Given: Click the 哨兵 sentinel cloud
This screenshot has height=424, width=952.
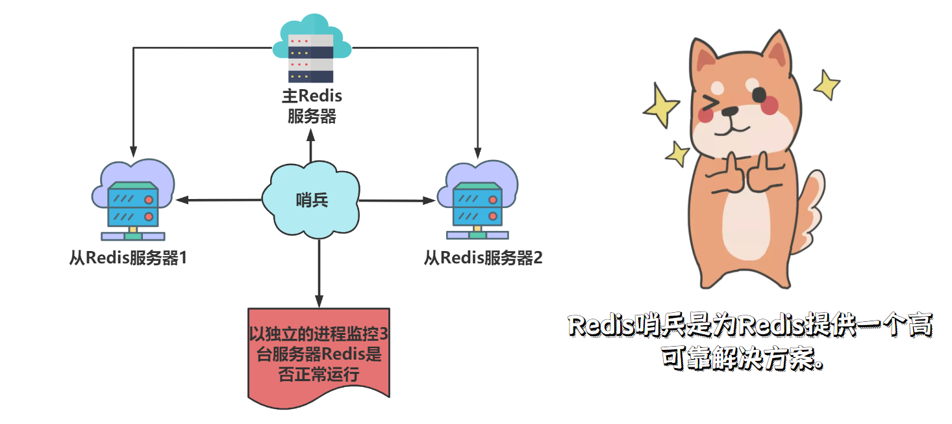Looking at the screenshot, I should click(x=311, y=199).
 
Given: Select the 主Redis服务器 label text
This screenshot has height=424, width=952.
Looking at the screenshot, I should click(x=312, y=107).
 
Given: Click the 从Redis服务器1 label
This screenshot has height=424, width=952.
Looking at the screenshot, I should click(x=128, y=258).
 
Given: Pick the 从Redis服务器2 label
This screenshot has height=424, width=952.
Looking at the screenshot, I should click(x=483, y=258).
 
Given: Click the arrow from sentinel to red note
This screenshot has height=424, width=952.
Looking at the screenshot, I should click(x=319, y=273).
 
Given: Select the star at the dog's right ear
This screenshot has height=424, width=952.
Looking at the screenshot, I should click(x=826, y=83).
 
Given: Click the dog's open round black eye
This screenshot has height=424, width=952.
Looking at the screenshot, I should click(x=759, y=95).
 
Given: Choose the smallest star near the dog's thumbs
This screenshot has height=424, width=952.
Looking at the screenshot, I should click(x=677, y=154).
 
